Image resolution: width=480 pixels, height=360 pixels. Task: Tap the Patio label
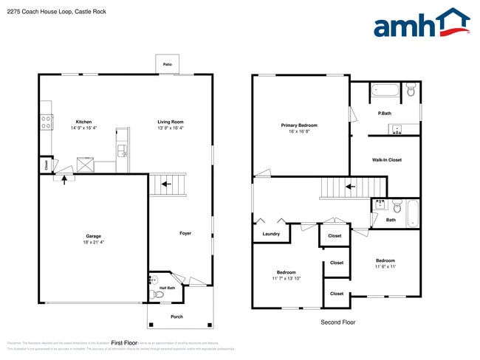[x=168, y=65]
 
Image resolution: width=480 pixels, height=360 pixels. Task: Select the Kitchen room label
[x=84, y=122]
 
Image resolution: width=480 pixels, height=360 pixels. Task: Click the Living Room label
[x=170, y=122]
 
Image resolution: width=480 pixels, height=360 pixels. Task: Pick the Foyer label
[x=185, y=233]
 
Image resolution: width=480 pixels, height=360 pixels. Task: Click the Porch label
[x=176, y=316]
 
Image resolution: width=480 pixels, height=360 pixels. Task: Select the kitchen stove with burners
[x=46, y=122]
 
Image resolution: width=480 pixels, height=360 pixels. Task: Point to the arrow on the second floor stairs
[x=352, y=186]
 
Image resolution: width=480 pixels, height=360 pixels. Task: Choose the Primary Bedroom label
[x=299, y=125]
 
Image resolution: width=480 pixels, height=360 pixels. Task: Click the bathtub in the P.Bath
[x=384, y=91]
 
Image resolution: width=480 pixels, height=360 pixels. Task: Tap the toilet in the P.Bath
[x=411, y=90]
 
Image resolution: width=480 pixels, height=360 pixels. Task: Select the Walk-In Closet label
[x=386, y=159]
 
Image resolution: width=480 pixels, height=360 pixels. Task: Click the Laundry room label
[x=271, y=234]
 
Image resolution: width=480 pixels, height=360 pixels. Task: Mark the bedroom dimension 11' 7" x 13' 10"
[x=286, y=277]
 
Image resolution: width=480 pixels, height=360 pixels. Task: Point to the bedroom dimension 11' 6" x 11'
[x=385, y=266]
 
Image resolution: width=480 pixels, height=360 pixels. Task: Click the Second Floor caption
[x=337, y=322]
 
